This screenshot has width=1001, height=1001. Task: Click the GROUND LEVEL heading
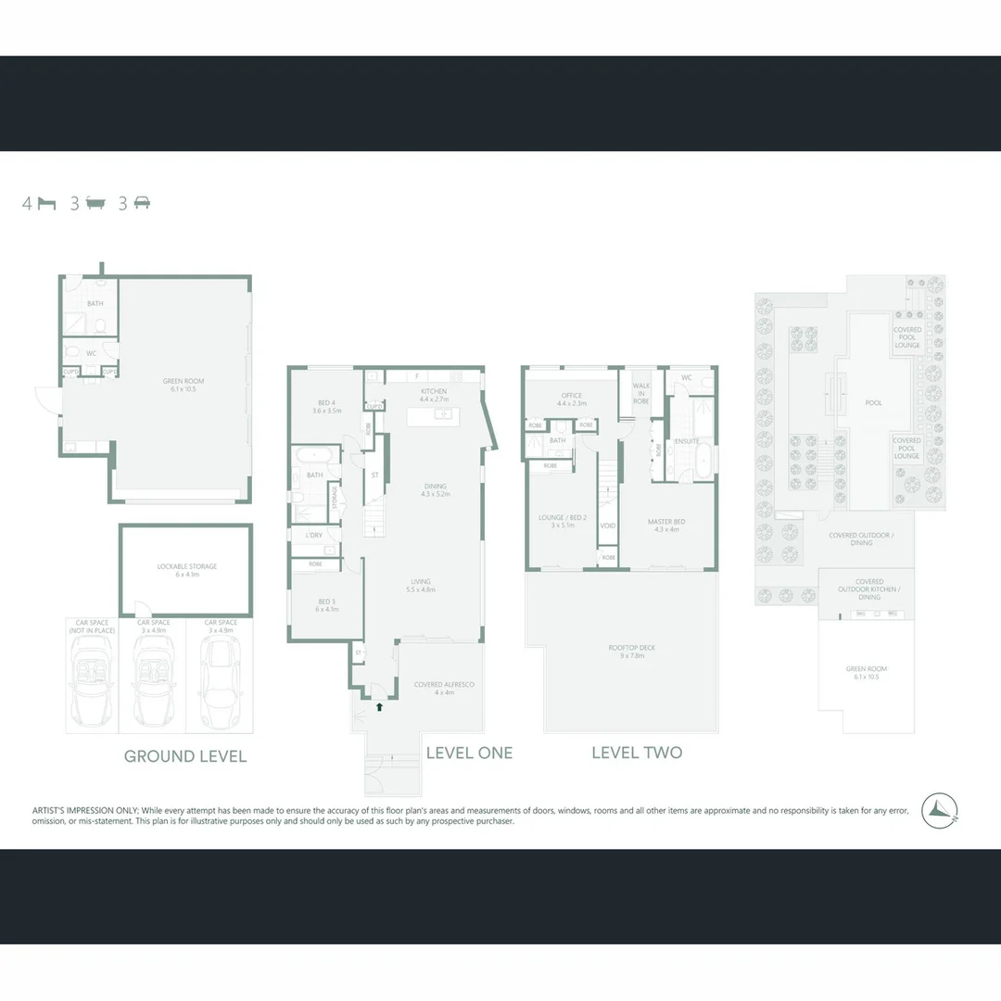[185, 756]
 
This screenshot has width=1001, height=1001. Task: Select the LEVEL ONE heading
[469, 753]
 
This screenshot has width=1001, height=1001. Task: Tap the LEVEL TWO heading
[637, 753]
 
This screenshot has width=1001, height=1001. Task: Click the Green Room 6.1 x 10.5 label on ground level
[184, 385]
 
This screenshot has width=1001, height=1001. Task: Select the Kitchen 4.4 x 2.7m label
[433, 395]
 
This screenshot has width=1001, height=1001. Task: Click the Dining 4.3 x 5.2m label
[435, 489]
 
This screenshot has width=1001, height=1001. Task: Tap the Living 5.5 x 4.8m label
[421, 586]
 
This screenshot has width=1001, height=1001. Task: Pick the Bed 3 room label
[326, 605]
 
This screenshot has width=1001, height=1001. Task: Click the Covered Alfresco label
[444, 688]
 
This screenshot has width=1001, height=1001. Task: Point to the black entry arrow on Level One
[378, 707]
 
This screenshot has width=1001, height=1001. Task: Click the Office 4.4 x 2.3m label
[572, 399]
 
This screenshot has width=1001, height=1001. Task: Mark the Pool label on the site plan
[873, 403]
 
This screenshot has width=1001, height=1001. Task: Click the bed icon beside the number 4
[47, 204]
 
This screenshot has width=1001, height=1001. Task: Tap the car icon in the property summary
[142, 204]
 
